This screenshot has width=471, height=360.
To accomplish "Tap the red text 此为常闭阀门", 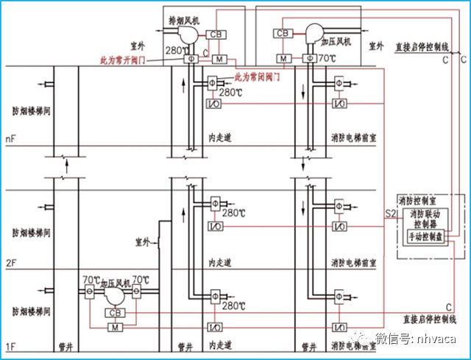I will point(263,77).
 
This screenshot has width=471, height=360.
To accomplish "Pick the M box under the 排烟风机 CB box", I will point(218,58).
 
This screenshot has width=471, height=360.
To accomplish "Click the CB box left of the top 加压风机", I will point(282,33).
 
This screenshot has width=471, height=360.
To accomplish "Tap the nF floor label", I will point(10,138).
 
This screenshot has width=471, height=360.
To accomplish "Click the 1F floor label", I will point(10,346).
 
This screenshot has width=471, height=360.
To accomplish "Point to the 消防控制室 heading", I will point(417,201).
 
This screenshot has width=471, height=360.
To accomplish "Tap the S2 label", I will point(390,214).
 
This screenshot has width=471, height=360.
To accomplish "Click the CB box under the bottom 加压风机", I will point(114,313).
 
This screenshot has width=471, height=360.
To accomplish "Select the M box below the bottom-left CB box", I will point(114,328).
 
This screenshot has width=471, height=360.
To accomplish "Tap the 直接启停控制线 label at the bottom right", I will point(424,320).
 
